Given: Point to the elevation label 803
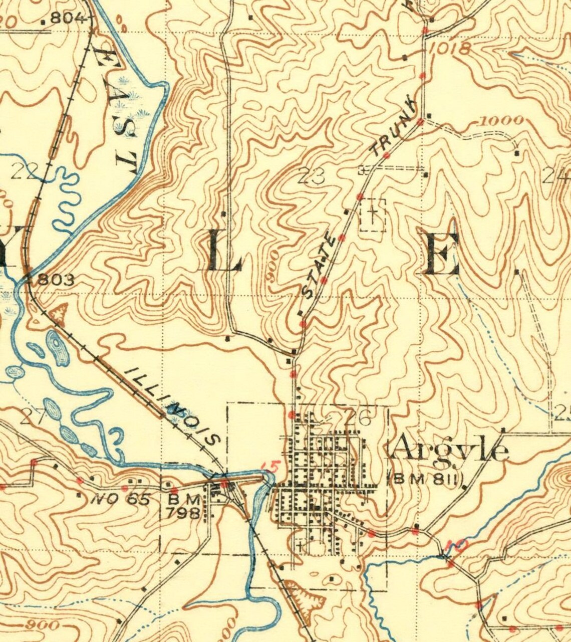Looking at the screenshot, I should tap(56, 280).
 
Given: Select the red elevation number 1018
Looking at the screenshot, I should tap(450, 49).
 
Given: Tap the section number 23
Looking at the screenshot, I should tap(311, 176).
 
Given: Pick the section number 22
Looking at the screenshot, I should tap(24, 173).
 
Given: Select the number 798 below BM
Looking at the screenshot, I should tap(184, 513).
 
